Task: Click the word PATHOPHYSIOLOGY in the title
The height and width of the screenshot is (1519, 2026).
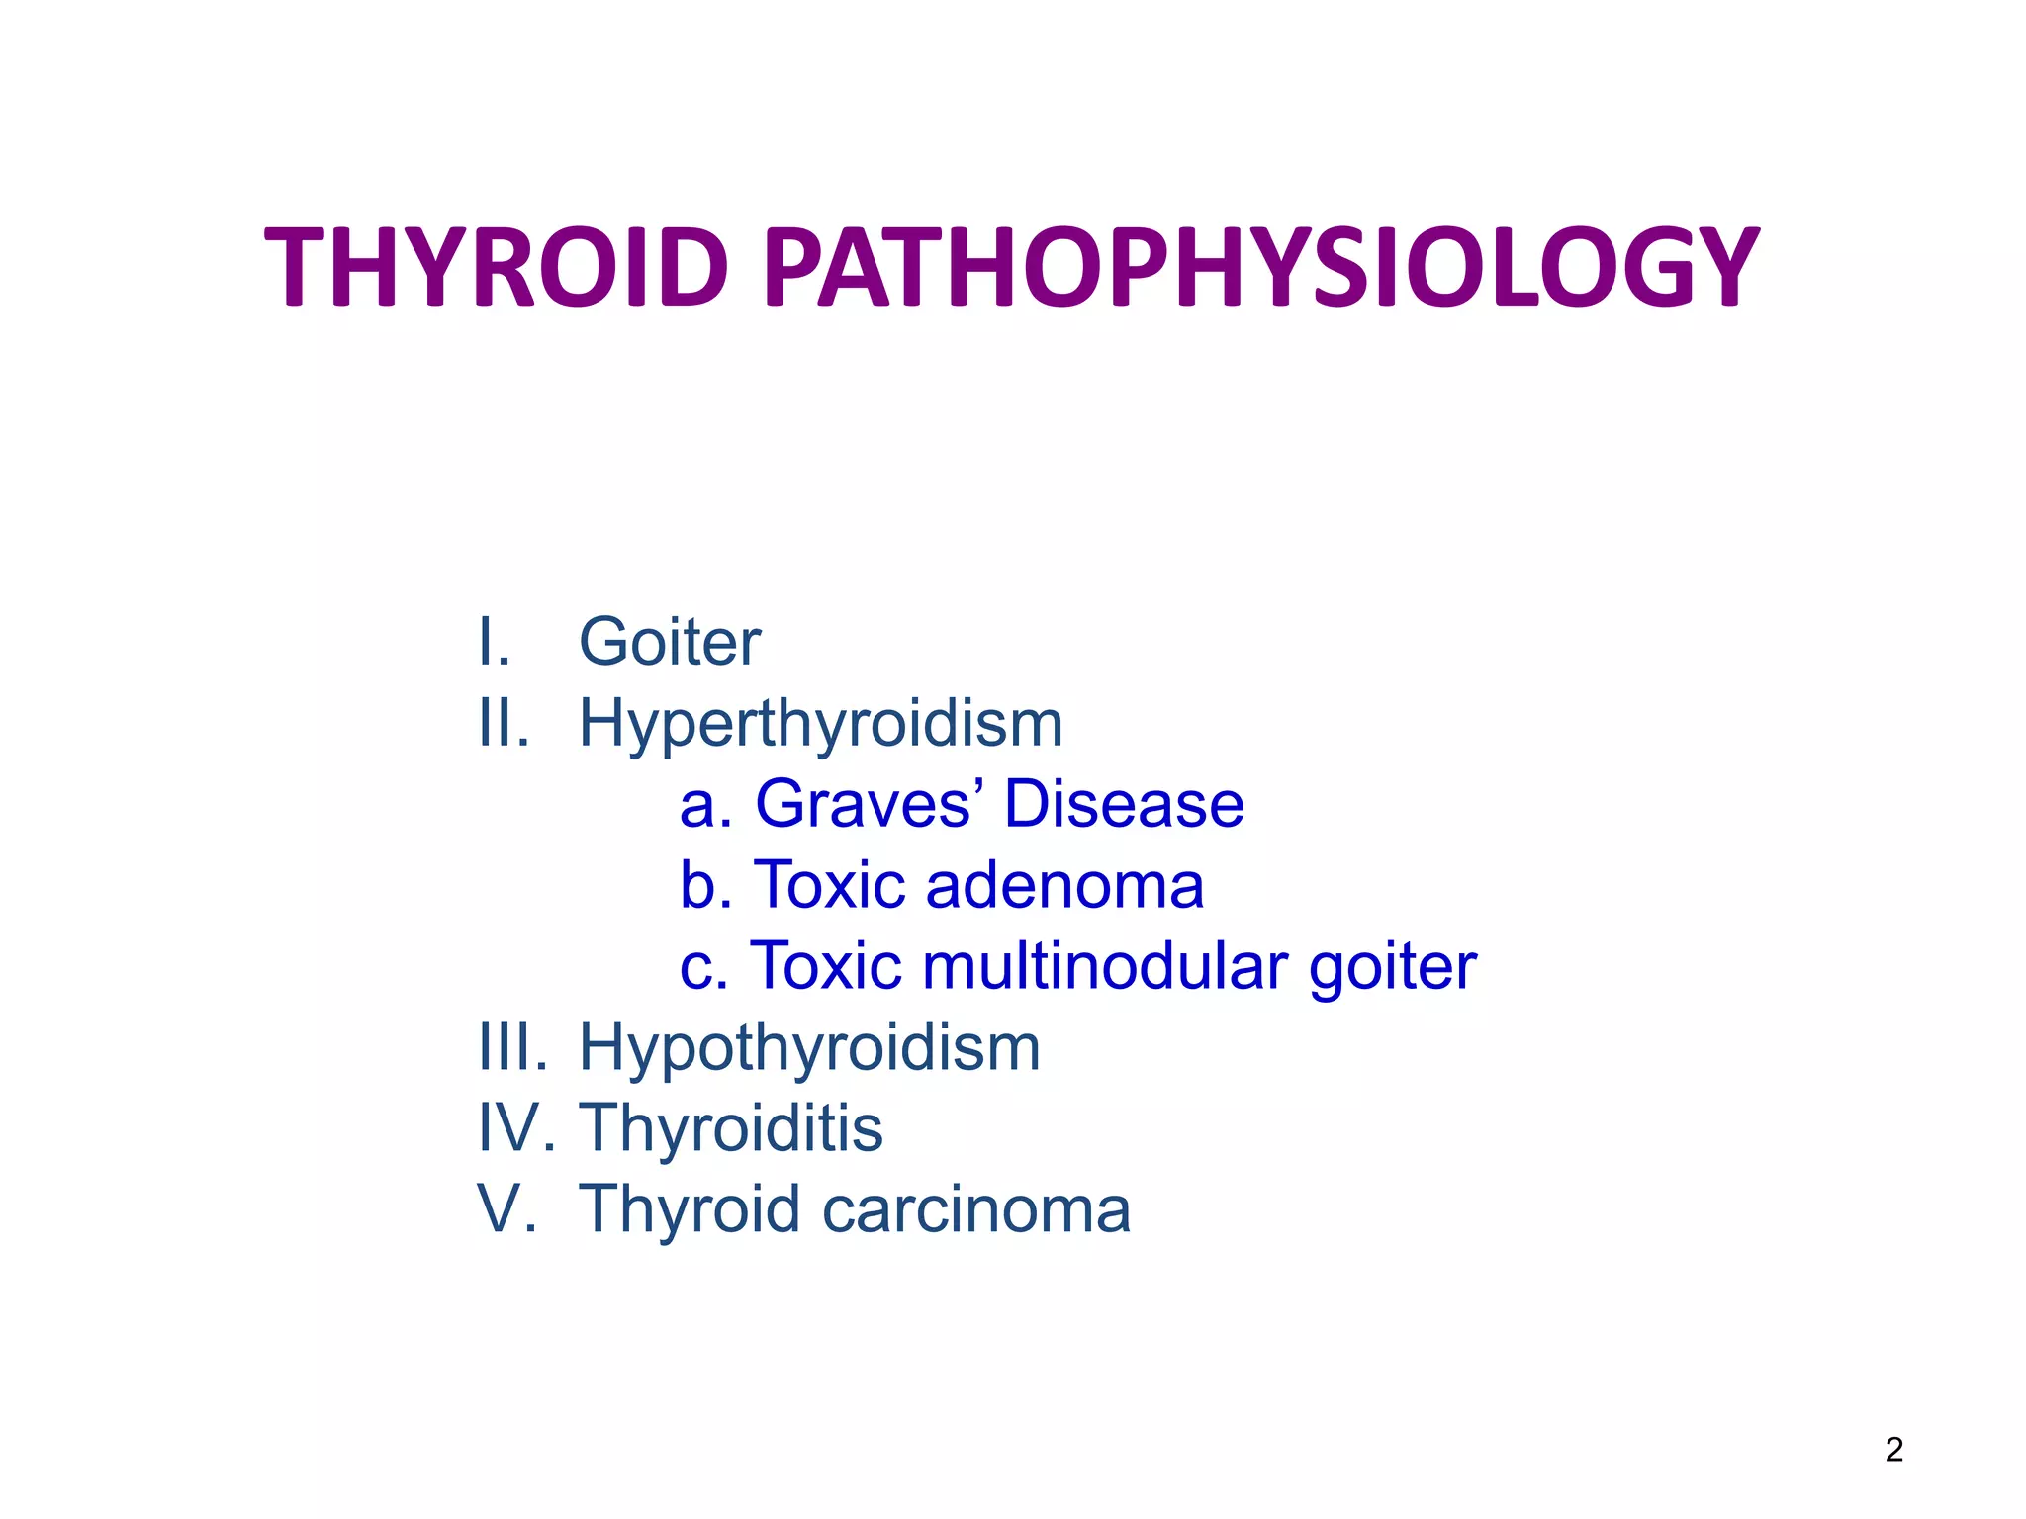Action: point(1261,267)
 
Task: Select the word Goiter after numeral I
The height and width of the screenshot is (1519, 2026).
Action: point(670,643)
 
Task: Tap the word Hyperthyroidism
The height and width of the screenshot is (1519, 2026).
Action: point(821,724)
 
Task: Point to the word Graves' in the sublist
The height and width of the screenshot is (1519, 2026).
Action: point(863,803)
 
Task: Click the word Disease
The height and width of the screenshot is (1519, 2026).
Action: point(1124,803)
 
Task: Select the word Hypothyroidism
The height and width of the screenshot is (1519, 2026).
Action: point(809,1048)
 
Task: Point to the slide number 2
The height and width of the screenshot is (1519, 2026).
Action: point(1893,1450)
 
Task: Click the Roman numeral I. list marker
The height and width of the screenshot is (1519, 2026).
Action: point(495,643)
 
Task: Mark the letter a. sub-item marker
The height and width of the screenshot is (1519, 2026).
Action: point(704,805)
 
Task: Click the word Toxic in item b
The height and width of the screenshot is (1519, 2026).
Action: point(829,884)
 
